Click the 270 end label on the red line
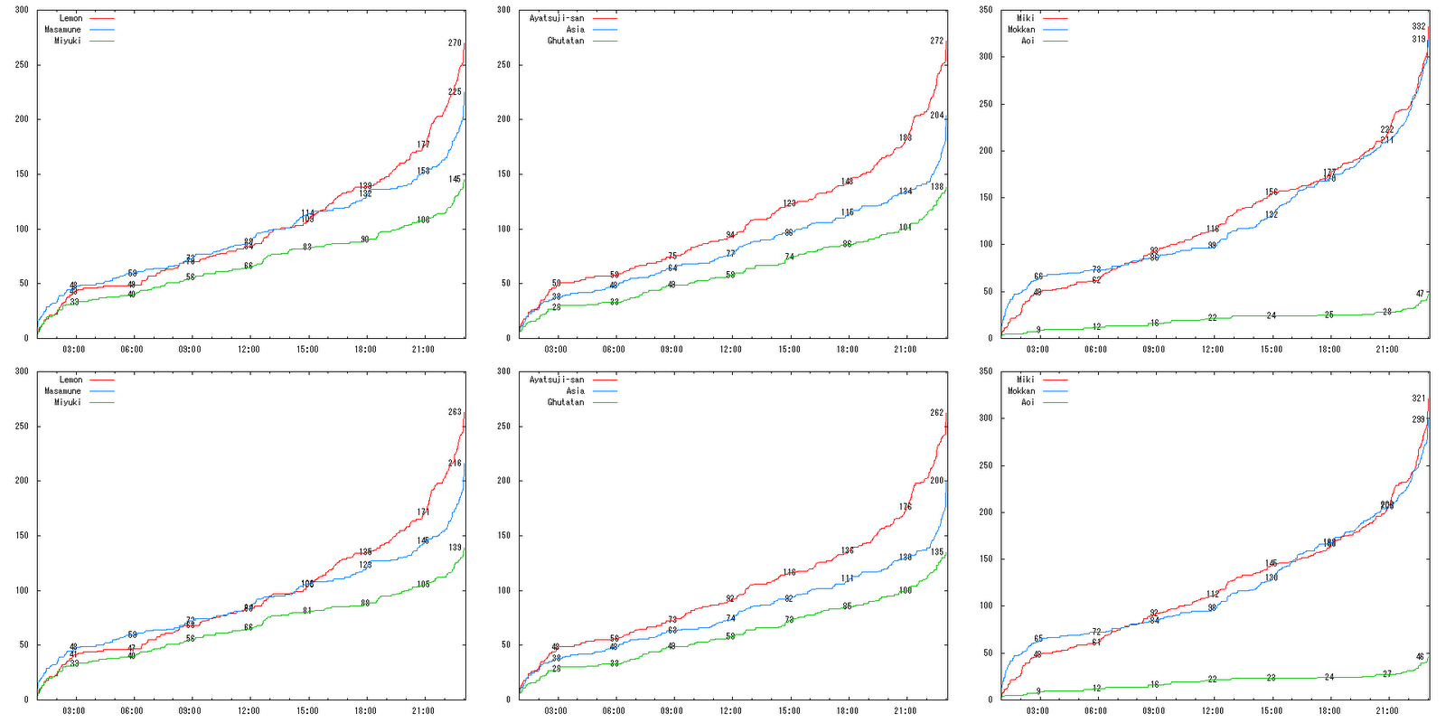[x=455, y=42]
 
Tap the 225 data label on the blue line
[x=455, y=91]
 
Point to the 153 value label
[x=423, y=171]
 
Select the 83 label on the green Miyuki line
[x=307, y=247]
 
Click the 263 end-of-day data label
[x=455, y=412]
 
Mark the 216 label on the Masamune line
[x=455, y=463]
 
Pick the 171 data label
[x=423, y=512]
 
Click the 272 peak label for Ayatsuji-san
[x=936, y=41]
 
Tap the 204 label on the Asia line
[x=936, y=115]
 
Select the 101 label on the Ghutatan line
[x=905, y=227]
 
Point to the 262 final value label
[x=936, y=412]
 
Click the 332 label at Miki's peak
[x=1419, y=26]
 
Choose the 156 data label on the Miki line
[x=1271, y=192]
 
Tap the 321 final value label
[x=1419, y=398]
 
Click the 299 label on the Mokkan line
[x=1419, y=419]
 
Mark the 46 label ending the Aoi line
[x=1420, y=657]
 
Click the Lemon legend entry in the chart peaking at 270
[x=70, y=18]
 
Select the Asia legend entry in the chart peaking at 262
[x=575, y=391]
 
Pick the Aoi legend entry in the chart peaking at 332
[x=1028, y=41]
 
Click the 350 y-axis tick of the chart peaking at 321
[x=985, y=371]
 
